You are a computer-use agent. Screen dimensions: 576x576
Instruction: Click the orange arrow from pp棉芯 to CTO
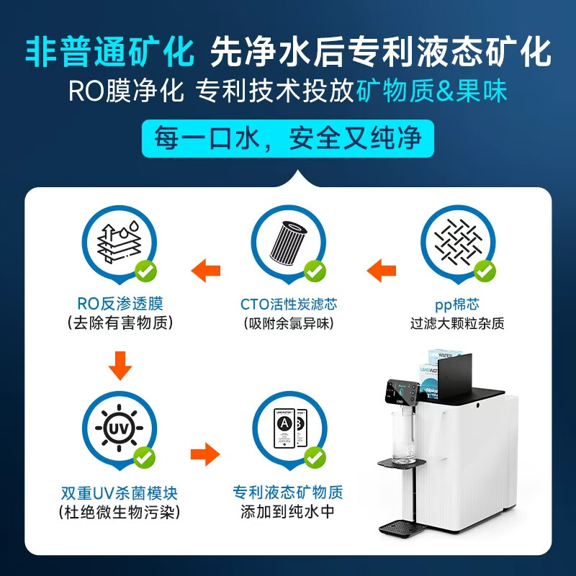coord(382,271)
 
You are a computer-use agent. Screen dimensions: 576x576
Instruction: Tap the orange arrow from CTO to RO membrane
coord(205,271)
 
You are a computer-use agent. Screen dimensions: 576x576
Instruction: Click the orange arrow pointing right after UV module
coord(205,454)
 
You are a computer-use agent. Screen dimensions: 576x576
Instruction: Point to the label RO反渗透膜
coord(120,304)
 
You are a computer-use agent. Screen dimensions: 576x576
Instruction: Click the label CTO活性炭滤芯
coord(288,304)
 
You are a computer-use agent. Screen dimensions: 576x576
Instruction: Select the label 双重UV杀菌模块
coord(120,494)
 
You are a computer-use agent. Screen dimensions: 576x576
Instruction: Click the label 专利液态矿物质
coord(288,494)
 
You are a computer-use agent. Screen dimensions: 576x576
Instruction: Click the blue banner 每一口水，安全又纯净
coord(288,138)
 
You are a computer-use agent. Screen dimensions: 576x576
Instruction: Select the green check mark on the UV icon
coord(145,456)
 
